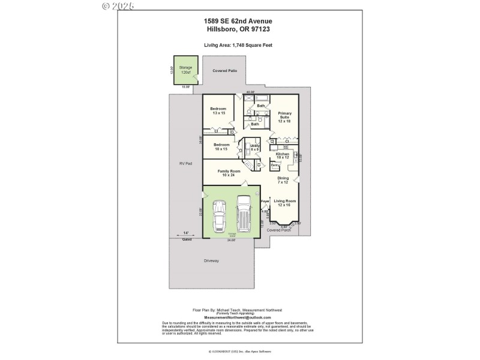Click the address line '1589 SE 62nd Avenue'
tap(241, 21)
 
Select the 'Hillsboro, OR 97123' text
tap(241, 29)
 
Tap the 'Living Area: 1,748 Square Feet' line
tap(241, 44)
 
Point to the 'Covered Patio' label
tap(225, 71)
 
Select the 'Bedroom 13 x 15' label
tap(218, 111)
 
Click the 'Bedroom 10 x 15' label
tap(221, 147)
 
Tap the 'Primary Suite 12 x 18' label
tap(284, 117)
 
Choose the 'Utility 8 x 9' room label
tap(254, 147)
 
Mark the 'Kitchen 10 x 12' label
tap(282, 156)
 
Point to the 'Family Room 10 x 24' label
tap(229, 173)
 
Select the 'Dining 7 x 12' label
tap(283, 180)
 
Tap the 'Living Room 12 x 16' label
tap(284, 203)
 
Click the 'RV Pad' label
tap(185, 163)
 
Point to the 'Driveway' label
tap(211, 260)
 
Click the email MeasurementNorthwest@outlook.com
tap(238, 317)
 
